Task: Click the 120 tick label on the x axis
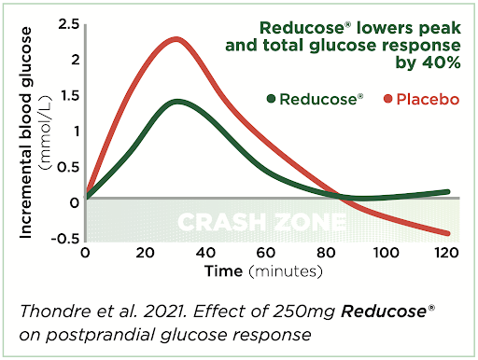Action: [448, 253]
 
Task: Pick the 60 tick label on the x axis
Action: [266, 253]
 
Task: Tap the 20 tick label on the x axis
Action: [145, 253]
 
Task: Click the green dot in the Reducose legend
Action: [273, 99]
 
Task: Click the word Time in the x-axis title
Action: [217, 271]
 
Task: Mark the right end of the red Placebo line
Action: [448, 233]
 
